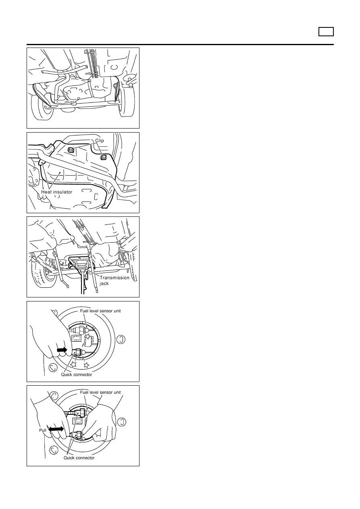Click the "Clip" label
pos(100,140)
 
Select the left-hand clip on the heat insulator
pos(71,150)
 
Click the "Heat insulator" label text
pos(56,192)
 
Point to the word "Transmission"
pos(114,277)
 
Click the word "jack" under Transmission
pos(104,283)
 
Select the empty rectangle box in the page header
pos(326,31)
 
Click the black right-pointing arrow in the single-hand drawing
pos(62,350)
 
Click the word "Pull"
pos(42,430)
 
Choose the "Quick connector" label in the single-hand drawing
pos(77,374)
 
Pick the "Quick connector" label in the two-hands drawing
pos(79,458)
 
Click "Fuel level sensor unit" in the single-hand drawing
pos(100,311)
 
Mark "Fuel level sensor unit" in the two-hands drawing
pos(100,392)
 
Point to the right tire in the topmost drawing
pos(126,100)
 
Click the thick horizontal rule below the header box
pos(180,45)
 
